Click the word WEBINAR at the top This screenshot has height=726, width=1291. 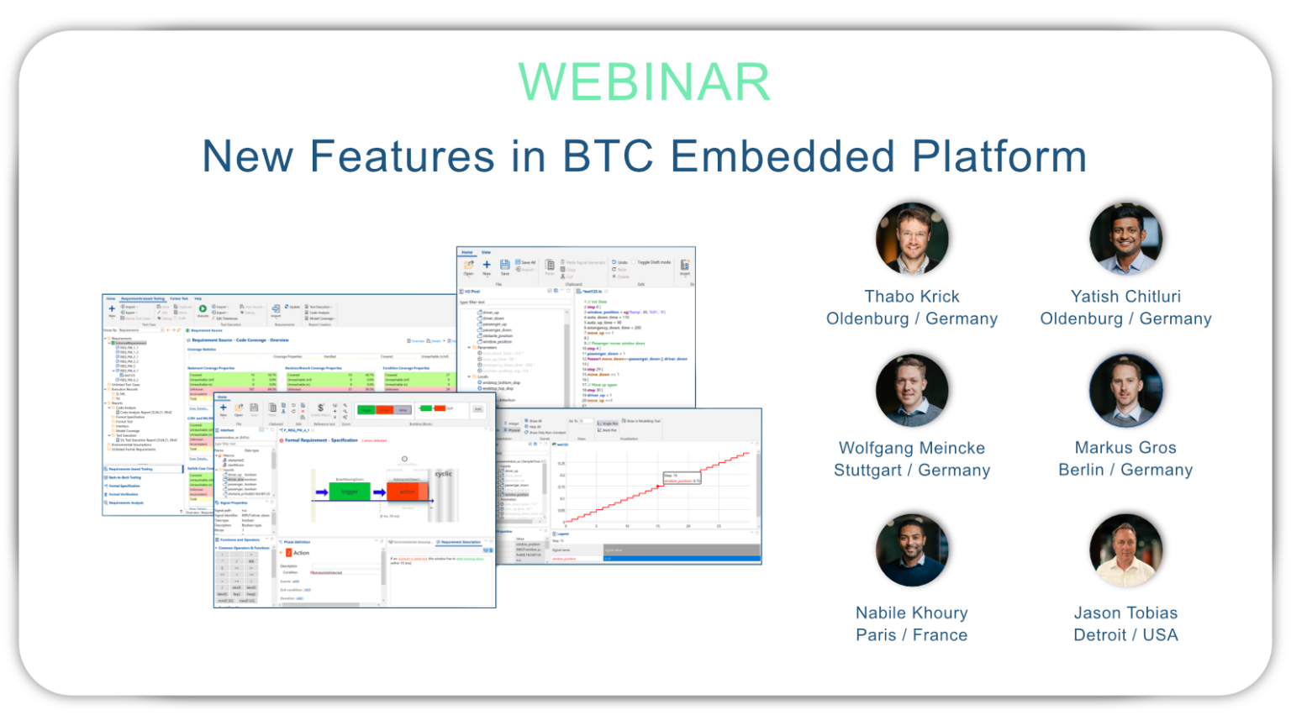644,82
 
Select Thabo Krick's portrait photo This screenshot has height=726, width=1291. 912,239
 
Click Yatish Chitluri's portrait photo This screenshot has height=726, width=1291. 1125,239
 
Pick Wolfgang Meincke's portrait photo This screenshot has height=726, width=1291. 912,391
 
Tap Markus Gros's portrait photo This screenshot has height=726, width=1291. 1125,391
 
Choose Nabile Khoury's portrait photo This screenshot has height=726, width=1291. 912,551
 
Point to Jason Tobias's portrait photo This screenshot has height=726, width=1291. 1125,551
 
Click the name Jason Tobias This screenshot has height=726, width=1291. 1125,613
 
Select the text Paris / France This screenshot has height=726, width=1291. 912,635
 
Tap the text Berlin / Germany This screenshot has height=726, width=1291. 1125,470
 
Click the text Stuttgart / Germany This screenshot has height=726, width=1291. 912,470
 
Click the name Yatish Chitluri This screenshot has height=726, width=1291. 1125,297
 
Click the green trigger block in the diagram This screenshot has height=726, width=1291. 350,492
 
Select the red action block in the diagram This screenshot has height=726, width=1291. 407,492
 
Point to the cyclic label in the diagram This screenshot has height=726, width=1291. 443,474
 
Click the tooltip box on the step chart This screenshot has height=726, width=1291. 682,478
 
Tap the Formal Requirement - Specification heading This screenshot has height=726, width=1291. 321,440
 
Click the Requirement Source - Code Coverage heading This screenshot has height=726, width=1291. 240,340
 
